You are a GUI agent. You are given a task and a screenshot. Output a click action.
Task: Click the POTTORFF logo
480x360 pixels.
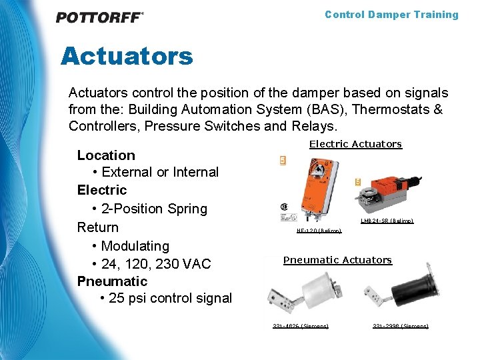click(99, 17)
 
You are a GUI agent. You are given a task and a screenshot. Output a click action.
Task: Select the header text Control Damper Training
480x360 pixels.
click(391, 15)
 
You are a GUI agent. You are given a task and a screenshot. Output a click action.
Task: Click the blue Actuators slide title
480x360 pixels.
click(127, 56)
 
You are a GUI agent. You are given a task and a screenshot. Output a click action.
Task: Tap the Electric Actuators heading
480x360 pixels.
click(355, 144)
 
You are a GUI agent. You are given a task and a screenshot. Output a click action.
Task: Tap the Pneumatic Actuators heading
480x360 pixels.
click(337, 260)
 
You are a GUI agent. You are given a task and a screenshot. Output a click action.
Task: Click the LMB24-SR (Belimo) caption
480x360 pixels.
click(387, 221)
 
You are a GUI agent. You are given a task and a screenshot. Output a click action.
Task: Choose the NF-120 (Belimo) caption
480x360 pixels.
click(319, 231)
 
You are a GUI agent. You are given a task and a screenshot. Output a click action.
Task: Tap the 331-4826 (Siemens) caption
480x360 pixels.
click(300, 326)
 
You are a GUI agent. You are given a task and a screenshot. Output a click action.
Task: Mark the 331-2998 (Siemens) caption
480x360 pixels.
click(400, 326)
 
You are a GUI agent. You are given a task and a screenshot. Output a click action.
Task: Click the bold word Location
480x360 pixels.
click(106, 155)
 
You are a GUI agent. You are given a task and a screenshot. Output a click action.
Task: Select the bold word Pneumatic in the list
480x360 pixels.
click(112, 281)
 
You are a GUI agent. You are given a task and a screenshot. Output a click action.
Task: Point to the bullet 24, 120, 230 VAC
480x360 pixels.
click(155, 263)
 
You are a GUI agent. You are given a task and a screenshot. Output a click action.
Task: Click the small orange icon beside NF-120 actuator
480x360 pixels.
click(283, 161)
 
